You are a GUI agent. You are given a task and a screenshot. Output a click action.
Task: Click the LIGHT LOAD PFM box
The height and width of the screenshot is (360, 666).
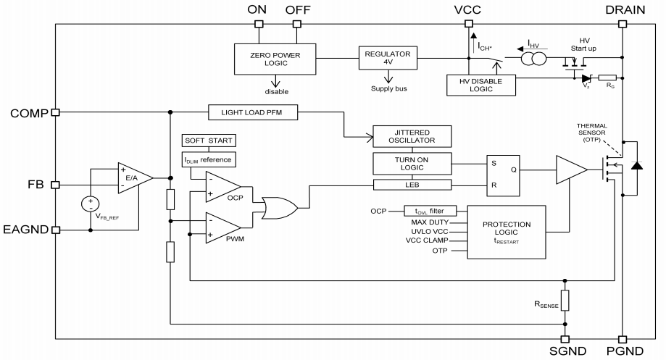(x=251, y=112)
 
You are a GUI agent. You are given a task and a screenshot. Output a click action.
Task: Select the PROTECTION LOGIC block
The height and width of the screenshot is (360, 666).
(x=506, y=230)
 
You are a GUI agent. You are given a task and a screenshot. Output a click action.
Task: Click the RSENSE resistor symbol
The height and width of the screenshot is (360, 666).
(x=565, y=301)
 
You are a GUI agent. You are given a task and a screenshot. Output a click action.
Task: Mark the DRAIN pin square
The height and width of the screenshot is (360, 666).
(x=622, y=22)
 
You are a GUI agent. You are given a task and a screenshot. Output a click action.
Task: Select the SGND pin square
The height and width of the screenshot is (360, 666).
(x=565, y=339)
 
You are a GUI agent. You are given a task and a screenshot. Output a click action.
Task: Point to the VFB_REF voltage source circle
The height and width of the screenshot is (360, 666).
(x=91, y=205)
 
